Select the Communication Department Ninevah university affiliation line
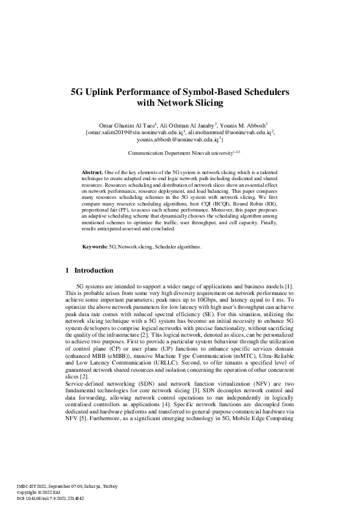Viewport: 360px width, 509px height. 180,154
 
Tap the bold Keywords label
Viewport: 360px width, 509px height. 95,247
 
